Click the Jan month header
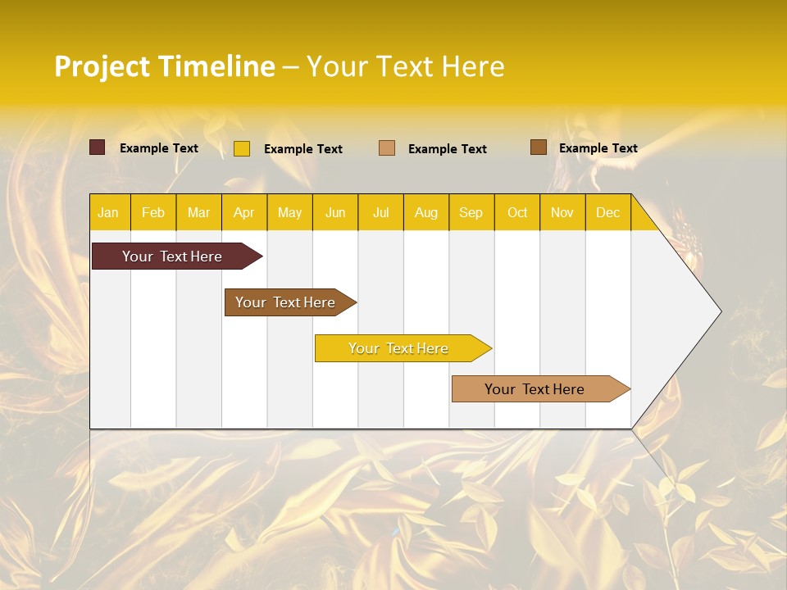coord(108,212)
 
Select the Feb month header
coord(153,212)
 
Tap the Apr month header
coord(243,212)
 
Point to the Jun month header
coord(335,212)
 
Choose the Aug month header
coord(425,212)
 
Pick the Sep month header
coord(471,212)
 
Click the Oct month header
coord(517,212)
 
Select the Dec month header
coord(607,212)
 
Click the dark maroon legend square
coord(98,147)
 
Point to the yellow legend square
coord(242,148)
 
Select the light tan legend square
coord(387,147)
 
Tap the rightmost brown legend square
coord(539,147)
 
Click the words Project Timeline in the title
coord(165,66)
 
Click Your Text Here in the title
coord(405,66)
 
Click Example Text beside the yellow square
coord(303,149)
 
